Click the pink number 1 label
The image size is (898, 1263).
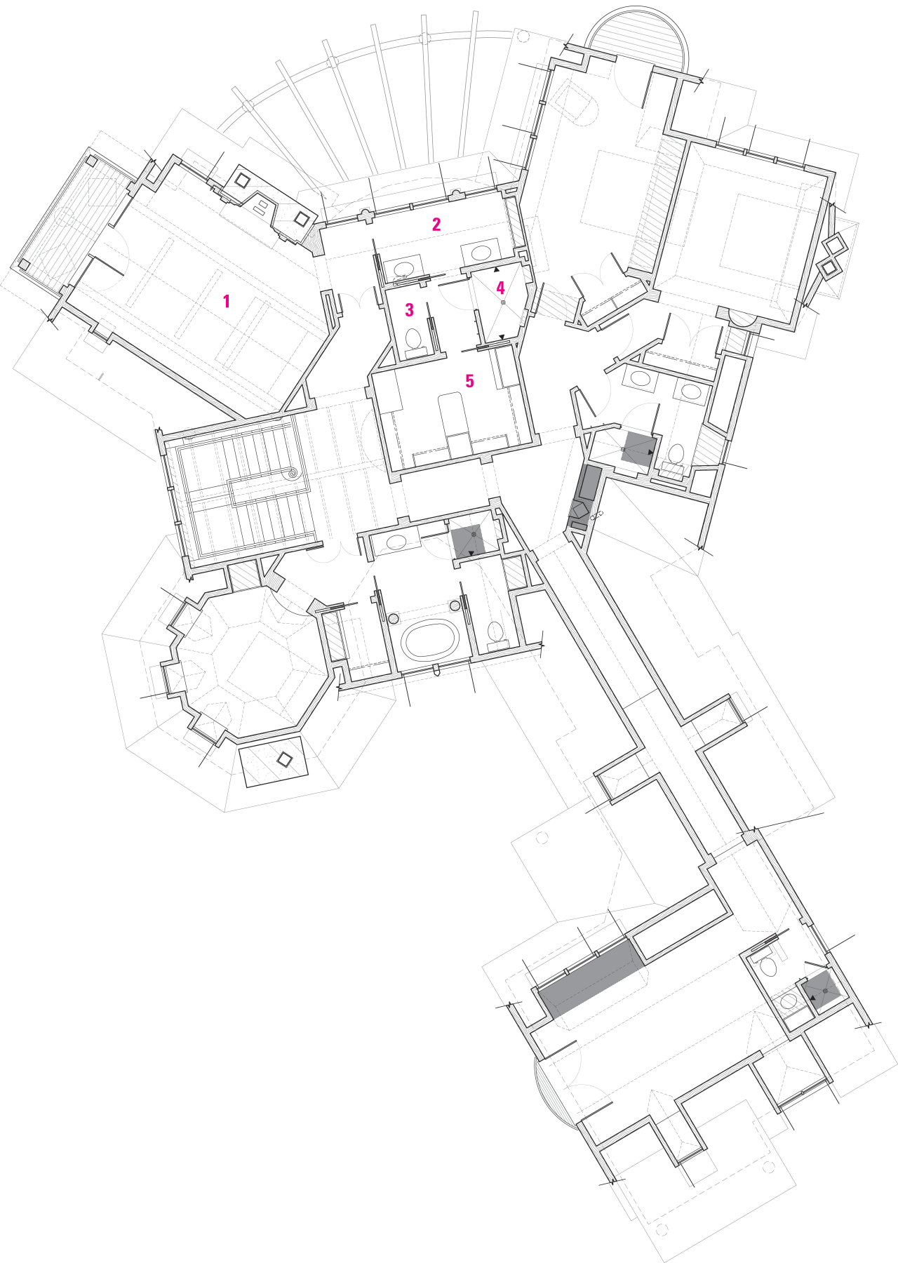coord(226,301)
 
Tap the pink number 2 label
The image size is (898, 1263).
coord(436,225)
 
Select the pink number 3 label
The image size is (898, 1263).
coord(410,309)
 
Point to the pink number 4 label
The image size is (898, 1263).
coord(500,288)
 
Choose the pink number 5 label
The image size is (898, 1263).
coord(470,381)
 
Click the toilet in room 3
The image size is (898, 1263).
coord(413,340)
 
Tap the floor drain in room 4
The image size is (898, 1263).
coord(503,302)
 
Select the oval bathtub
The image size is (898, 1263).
coord(429,639)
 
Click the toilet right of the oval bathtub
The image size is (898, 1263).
coord(496,631)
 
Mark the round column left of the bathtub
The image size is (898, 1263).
coord(393,618)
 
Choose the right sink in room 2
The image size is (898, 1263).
coord(481,253)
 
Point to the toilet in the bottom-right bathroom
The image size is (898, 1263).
coord(769,967)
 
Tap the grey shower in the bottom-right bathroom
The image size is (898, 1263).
coord(822,991)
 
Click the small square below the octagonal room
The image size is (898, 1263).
coord(285,759)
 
